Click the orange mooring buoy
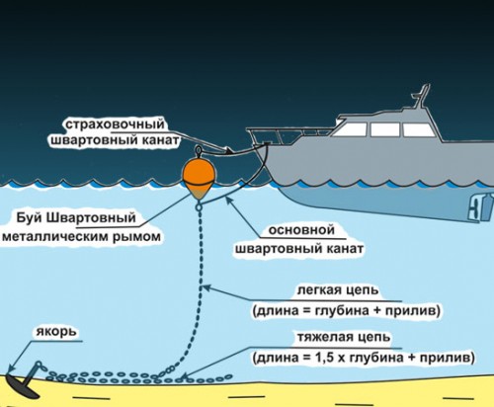[199, 178]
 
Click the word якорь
[56, 331]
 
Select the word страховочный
[115, 124]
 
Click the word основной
[301, 230]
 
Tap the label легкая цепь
[338, 290]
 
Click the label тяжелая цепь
[344, 338]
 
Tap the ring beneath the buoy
[199, 207]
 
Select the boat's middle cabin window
[385, 129]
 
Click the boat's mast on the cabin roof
[422, 97]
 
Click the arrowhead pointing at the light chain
[206, 287]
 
